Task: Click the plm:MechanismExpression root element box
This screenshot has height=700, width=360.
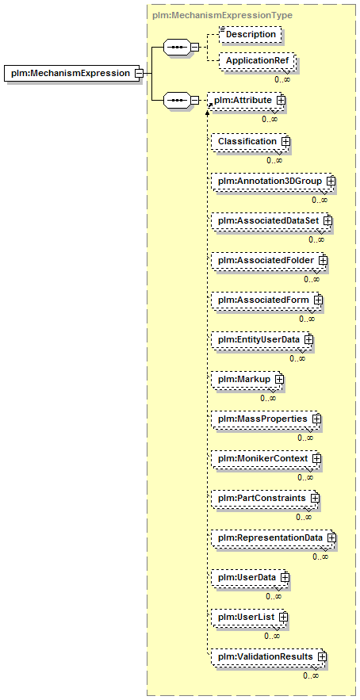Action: coord(73,73)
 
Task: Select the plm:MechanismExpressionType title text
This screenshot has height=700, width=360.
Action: coord(223,15)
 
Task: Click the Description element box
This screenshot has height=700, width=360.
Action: coord(251,34)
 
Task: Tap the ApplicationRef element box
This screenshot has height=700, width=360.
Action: coord(257,61)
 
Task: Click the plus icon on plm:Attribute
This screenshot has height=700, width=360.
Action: coord(281,101)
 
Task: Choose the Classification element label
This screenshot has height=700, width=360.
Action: coord(247,141)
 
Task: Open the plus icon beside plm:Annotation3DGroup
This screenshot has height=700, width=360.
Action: coord(331,181)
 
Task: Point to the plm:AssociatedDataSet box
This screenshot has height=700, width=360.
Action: coord(271,220)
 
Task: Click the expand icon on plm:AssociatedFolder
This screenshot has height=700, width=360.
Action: coord(323,260)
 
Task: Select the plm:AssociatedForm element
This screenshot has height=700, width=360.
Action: coord(267,300)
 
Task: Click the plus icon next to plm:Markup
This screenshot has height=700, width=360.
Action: coord(280,379)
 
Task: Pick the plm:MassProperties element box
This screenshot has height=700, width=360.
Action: coord(266,419)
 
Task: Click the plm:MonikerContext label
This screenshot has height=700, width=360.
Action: coord(262,458)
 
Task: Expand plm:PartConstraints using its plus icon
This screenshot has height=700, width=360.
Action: coord(315,497)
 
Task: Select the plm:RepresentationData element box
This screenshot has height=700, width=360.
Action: coord(274,538)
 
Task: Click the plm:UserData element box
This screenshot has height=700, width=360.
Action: coord(250,577)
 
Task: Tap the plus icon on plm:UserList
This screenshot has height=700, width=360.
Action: coord(283,617)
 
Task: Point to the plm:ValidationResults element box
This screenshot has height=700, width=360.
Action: coord(269,656)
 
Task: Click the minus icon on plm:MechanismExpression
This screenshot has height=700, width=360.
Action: coord(139,73)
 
